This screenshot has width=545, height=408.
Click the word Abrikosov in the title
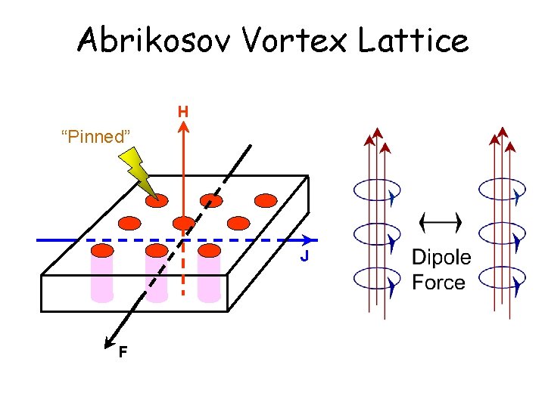155,40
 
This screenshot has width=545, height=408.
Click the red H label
183,112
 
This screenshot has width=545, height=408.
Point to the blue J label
304,257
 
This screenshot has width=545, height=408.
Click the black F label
122,351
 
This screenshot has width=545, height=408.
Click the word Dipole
441,258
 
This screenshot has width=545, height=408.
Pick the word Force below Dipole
438,283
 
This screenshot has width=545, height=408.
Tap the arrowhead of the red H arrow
183,126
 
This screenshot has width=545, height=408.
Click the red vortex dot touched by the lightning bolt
157,200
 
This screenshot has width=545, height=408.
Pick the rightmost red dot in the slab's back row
266,200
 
